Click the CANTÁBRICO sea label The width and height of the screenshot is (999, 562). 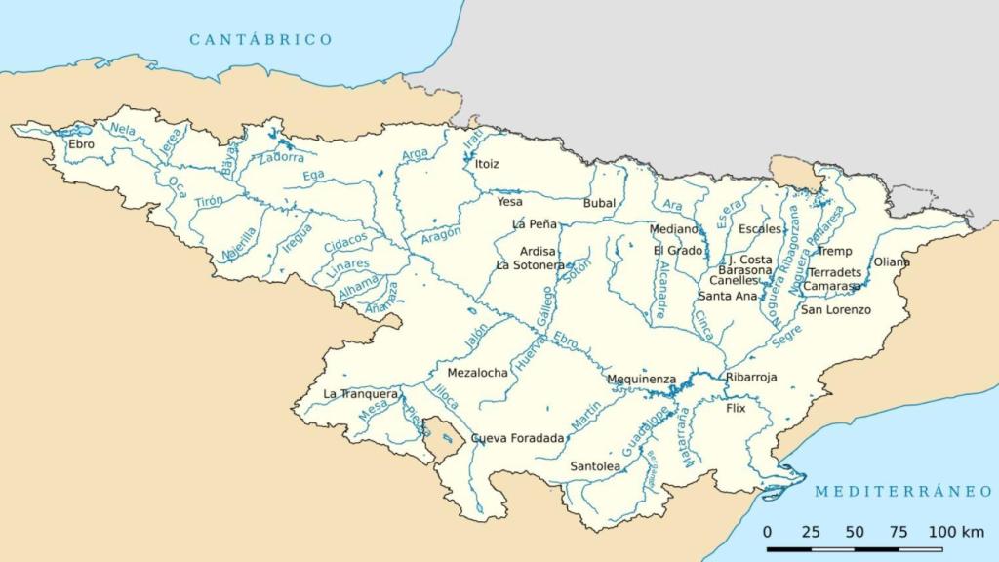tap(260, 40)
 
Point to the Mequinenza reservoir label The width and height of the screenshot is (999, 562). tap(641, 380)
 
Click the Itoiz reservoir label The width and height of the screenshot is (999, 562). tap(487, 164)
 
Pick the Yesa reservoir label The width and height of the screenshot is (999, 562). tap(509, 202)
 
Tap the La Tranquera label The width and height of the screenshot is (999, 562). tap(360, 394)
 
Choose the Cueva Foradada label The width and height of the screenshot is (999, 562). tap(517, 439)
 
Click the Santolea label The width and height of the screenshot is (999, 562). tap(595, 467)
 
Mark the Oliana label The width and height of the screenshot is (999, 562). tap(891, 262)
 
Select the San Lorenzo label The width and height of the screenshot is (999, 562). tap(836, 310)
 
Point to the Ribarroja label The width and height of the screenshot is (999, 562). tap(751, 377)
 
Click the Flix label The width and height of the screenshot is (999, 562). tap(736, 408)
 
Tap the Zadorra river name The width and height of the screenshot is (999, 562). tap(281, 156)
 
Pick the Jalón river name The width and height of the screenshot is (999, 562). tap(475, 336)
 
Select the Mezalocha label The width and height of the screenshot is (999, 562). tap(477, 373)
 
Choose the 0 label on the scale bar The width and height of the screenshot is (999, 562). tap(767, 532)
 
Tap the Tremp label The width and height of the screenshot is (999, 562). tap(834, 251)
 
